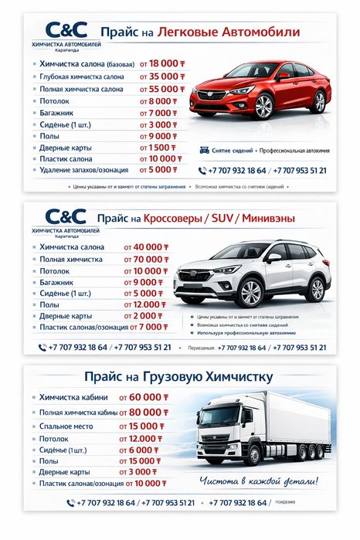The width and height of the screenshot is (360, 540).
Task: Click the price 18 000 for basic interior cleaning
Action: [164, 63]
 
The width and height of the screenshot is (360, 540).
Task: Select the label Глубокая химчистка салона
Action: [81, 76]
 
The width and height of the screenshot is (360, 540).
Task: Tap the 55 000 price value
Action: [164, 90]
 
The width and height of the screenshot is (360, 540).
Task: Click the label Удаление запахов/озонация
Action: [85, 169]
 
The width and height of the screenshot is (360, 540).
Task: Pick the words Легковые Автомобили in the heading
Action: [228, 32]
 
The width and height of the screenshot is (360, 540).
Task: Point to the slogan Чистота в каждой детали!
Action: [259, 481]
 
